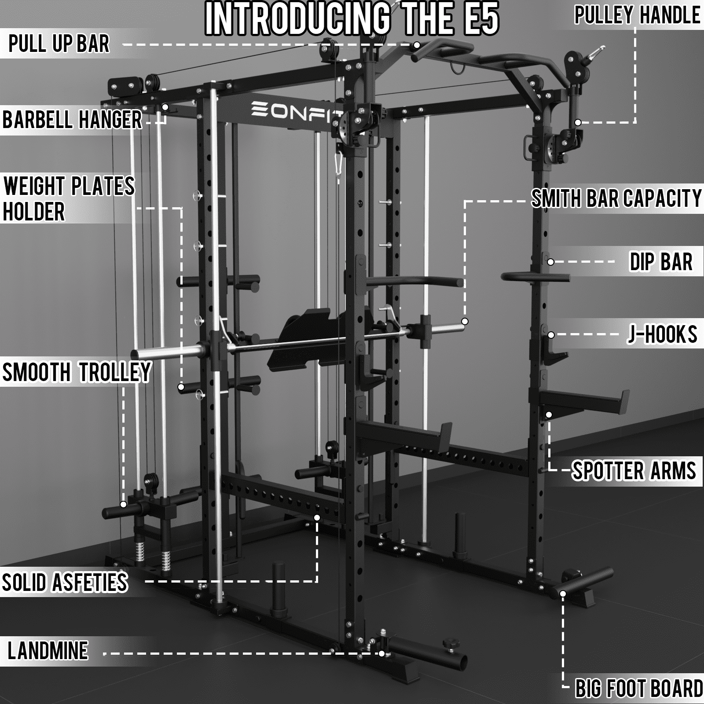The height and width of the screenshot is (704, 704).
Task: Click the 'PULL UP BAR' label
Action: [x=59, y=44]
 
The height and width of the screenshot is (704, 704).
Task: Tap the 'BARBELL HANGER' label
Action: [x=72, y=119]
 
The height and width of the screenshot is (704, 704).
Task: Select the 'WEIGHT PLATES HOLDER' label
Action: [x=69, y=199]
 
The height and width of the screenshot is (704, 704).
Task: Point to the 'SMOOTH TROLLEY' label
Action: [x=77, y=372]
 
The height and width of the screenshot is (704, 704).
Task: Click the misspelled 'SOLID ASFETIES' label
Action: [x=65, y=582]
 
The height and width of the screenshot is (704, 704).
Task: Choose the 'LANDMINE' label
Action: [x=48, y=651]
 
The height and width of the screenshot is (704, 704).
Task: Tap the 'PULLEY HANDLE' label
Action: [x=638, y=15]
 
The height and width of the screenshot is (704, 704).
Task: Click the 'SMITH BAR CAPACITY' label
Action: [x=616, y=198]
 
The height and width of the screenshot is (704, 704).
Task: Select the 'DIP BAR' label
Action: [x=661, y=261]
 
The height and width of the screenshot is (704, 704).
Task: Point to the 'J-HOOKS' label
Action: [x=663, y=334]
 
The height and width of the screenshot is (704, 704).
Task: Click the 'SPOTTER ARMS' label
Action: [x=634, y=470]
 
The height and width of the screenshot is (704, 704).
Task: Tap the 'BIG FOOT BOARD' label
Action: [x=639, y=689]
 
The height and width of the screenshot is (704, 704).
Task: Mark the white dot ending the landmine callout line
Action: [x=381, y=654]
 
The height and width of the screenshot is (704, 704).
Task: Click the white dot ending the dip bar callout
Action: [x=550, y=262]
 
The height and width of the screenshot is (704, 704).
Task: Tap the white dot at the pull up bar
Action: [x=416, y=45]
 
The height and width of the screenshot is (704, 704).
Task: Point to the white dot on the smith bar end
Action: [x=465, y=321]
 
